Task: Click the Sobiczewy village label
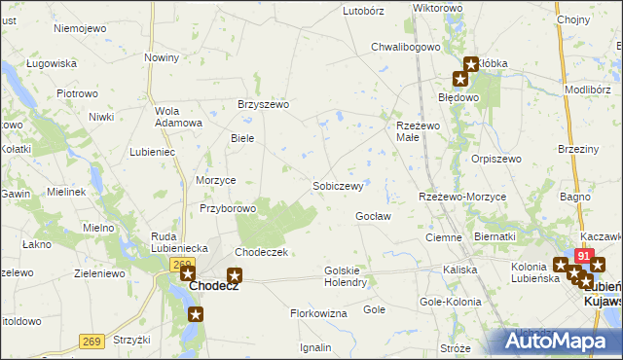click(x=338, y=185)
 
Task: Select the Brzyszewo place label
click(x=264, y=105)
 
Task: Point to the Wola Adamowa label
click(x=178, y=117)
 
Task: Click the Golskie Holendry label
click(x=345, y=276)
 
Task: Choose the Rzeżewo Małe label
click(x=420, y=131)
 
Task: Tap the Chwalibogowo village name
click(x=407, y=46)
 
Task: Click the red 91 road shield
click(x=583, y=255)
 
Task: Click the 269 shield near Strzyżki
click(x=91, y=314)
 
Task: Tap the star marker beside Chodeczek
click(x=234, y=276)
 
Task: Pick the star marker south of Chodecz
click(x=196, y=314)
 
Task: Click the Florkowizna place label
click(x=318, y=313)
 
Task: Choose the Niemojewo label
click(x=80, y=28)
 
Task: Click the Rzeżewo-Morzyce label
click(x=462, y=197)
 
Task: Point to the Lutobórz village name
click(x=365, y=11)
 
